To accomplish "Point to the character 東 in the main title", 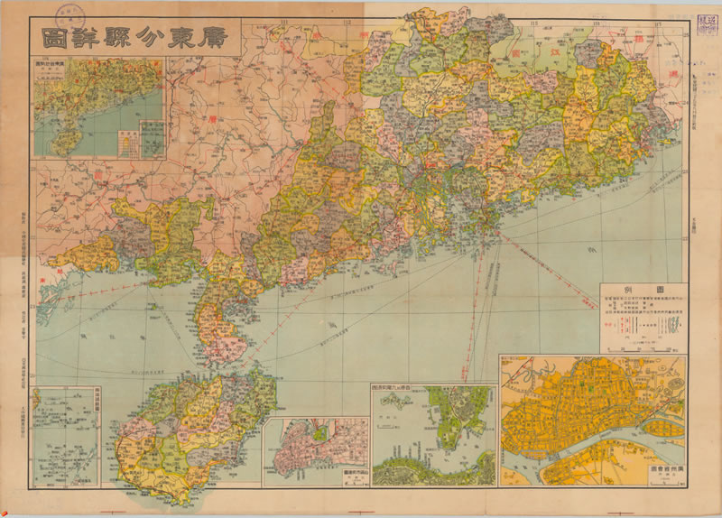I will (x=178, y=39).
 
